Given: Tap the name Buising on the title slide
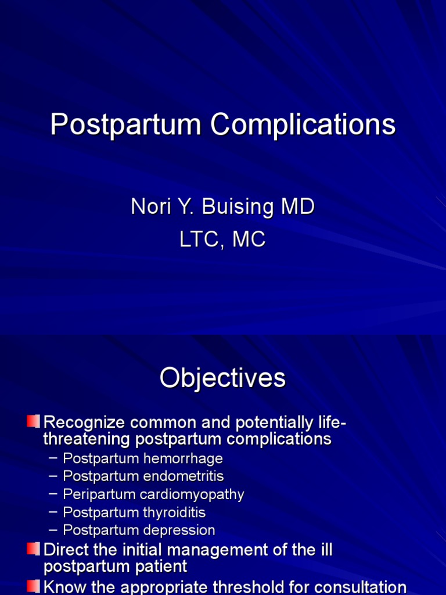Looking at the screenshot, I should [244, 207].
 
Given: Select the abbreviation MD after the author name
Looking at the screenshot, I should [297, 207].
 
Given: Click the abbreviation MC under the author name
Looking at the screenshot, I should [249, 239].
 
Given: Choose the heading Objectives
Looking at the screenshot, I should [223, 378].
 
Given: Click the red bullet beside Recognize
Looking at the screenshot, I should [34, 420].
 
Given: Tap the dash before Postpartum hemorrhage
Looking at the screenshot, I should [53, 458].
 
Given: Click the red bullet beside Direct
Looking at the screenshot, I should [34, 549].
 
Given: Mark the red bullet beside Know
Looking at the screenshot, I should [34, 586].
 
